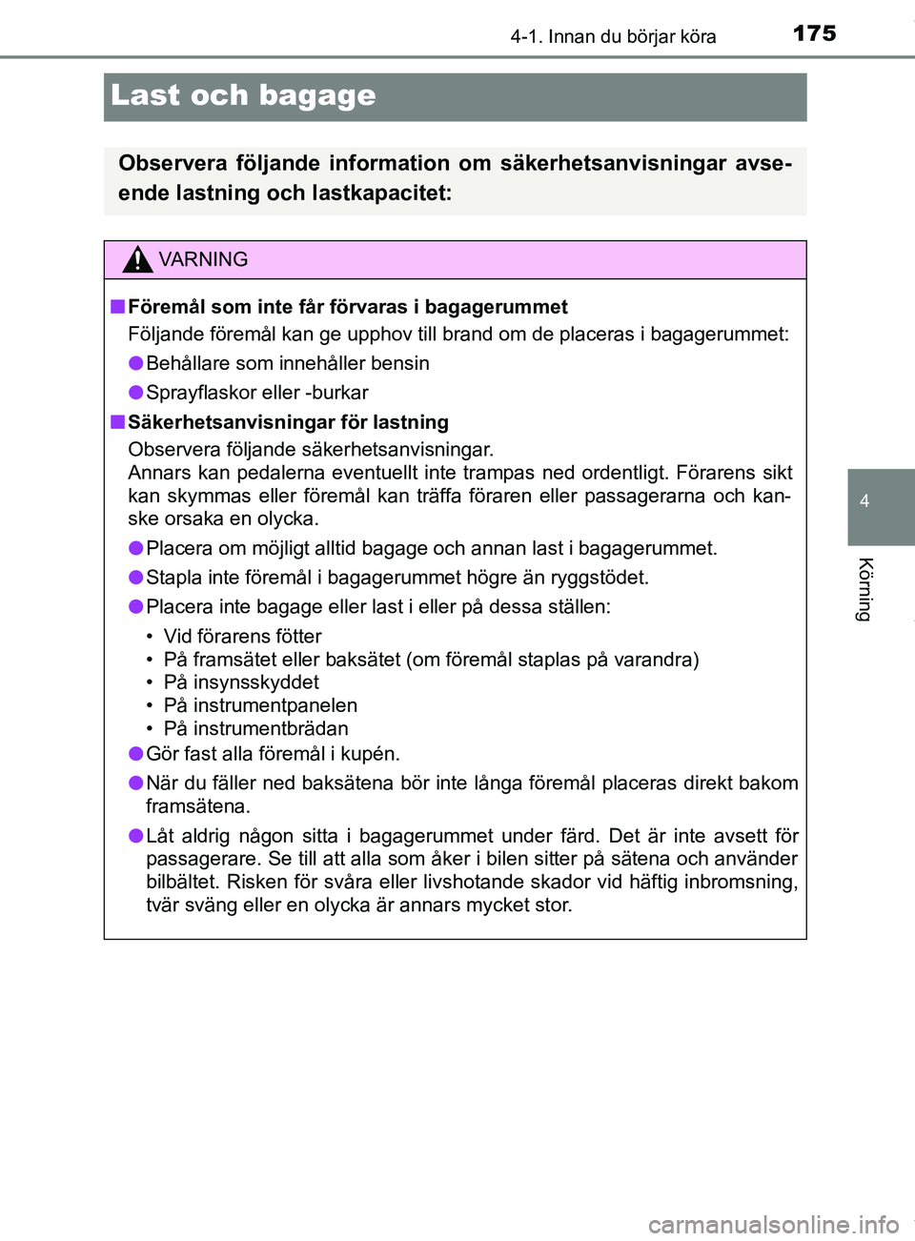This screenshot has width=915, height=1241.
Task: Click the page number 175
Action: point(814,33)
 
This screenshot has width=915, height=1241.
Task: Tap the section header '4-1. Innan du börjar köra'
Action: point(613,37)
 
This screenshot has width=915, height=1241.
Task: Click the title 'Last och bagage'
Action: point(243,95)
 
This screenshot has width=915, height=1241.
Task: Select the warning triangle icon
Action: point(137,259)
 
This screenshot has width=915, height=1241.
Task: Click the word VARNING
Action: point(203,259)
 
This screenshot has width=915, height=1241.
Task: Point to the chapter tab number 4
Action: point(864,501)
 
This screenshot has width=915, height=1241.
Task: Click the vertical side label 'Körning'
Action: point(864,589)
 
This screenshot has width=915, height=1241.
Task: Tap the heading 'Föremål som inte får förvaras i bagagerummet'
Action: point(347,307)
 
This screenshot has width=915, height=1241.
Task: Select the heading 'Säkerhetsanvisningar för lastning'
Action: point(288,422)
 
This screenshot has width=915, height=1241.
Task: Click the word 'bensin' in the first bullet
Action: point(400,363)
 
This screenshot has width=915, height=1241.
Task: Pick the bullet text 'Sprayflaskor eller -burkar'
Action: point(256,393)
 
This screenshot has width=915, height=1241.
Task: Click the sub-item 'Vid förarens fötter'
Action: point(242,636)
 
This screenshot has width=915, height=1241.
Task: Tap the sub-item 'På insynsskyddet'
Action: point(241,682)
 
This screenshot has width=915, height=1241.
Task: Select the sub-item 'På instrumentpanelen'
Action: point(260,705)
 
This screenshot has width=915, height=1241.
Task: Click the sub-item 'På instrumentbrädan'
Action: point(255,728)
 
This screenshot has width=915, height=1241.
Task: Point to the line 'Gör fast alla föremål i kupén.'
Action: point(273,754)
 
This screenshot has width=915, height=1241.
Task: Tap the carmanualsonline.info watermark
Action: point(773,1224)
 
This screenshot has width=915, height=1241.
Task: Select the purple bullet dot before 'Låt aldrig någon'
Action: point(136,836)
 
